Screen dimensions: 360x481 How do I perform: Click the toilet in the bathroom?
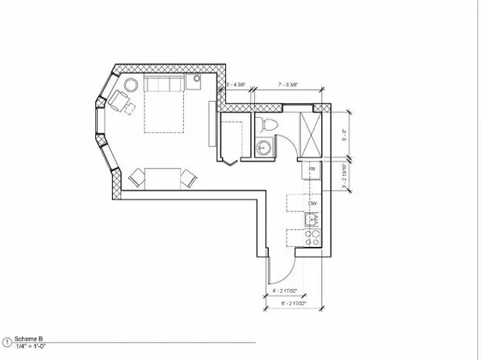pos(269,123)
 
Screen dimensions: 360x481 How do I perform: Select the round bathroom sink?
pos(261,148)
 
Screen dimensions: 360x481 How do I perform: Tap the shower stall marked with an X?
pos(310,128)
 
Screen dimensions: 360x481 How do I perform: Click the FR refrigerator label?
pos(311,168)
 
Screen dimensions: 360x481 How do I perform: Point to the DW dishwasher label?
pos(311,203)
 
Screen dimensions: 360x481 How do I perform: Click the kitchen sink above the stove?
pos(312,218)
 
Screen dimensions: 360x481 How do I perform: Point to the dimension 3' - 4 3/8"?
pos(236,83)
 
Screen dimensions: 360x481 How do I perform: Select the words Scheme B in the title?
pos(28,341)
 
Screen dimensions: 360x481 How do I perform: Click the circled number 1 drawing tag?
pos(6,342)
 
